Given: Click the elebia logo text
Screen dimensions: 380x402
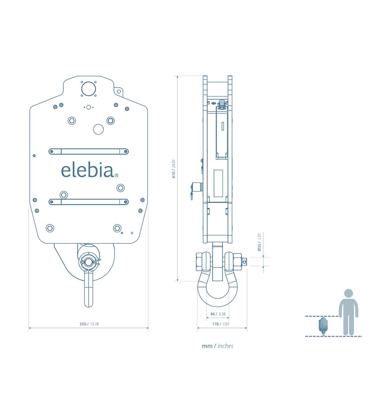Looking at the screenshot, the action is (x=87, y=170).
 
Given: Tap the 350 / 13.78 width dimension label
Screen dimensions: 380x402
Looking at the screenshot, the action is (x=89, y=324).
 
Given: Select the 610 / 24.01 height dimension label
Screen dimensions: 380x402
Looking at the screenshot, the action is (x=174, y=169).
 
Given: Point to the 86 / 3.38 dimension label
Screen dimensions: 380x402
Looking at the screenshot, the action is (x=218, y=314).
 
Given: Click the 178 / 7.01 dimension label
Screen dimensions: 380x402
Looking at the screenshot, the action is (x=220, y=324).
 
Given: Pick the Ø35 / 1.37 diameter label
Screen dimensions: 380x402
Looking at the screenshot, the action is (x=259, y=242).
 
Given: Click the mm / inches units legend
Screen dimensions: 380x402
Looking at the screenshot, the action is (x=217, y=346).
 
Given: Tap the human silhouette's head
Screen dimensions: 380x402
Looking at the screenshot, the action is (x=348, y=293).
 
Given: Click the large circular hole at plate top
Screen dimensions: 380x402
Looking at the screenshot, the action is (x=89, y=89).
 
